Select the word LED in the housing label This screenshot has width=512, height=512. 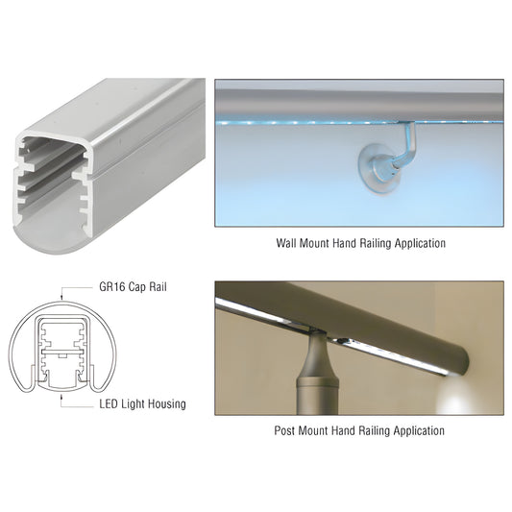click(109, 404)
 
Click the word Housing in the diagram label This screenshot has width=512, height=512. click(167, 404)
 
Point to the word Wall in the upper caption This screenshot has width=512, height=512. click(286, 243)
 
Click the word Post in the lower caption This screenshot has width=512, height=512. click(284, 430)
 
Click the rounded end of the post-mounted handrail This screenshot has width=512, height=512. click(463, 361)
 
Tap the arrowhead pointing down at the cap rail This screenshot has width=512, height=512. click(61, 297)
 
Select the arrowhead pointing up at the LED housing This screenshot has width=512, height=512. click(61, 397)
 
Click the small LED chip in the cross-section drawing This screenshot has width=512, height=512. click(61, 354)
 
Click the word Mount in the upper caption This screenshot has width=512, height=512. click(314, 243)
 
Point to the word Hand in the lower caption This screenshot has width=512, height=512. click(343, 430)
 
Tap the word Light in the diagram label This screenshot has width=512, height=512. click(134, 404)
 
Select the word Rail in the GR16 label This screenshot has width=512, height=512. click(158, 287)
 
